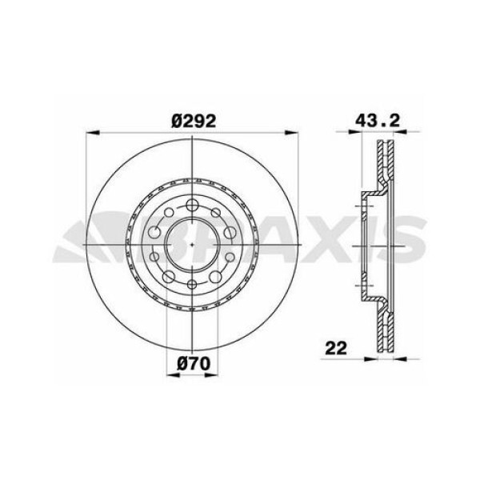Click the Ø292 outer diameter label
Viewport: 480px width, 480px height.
click(x=194, y=121)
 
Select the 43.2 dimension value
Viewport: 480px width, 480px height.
click(x=378, y=121)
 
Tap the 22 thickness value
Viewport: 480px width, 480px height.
click(x=336, y=348)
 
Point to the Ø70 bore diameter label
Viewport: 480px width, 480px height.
click(x=194, y=364)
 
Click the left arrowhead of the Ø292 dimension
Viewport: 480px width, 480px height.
click(x=93, y=132)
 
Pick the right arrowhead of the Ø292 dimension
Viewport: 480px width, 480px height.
click(x=291, y=132)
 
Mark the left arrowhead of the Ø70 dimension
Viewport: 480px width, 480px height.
click(x=173, y=374)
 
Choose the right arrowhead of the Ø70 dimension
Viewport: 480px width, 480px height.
click(x=211, y=374)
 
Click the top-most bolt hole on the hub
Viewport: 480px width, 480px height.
click(x=192, y=205)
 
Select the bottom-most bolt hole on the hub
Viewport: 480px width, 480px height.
click(x=192, y=285)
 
